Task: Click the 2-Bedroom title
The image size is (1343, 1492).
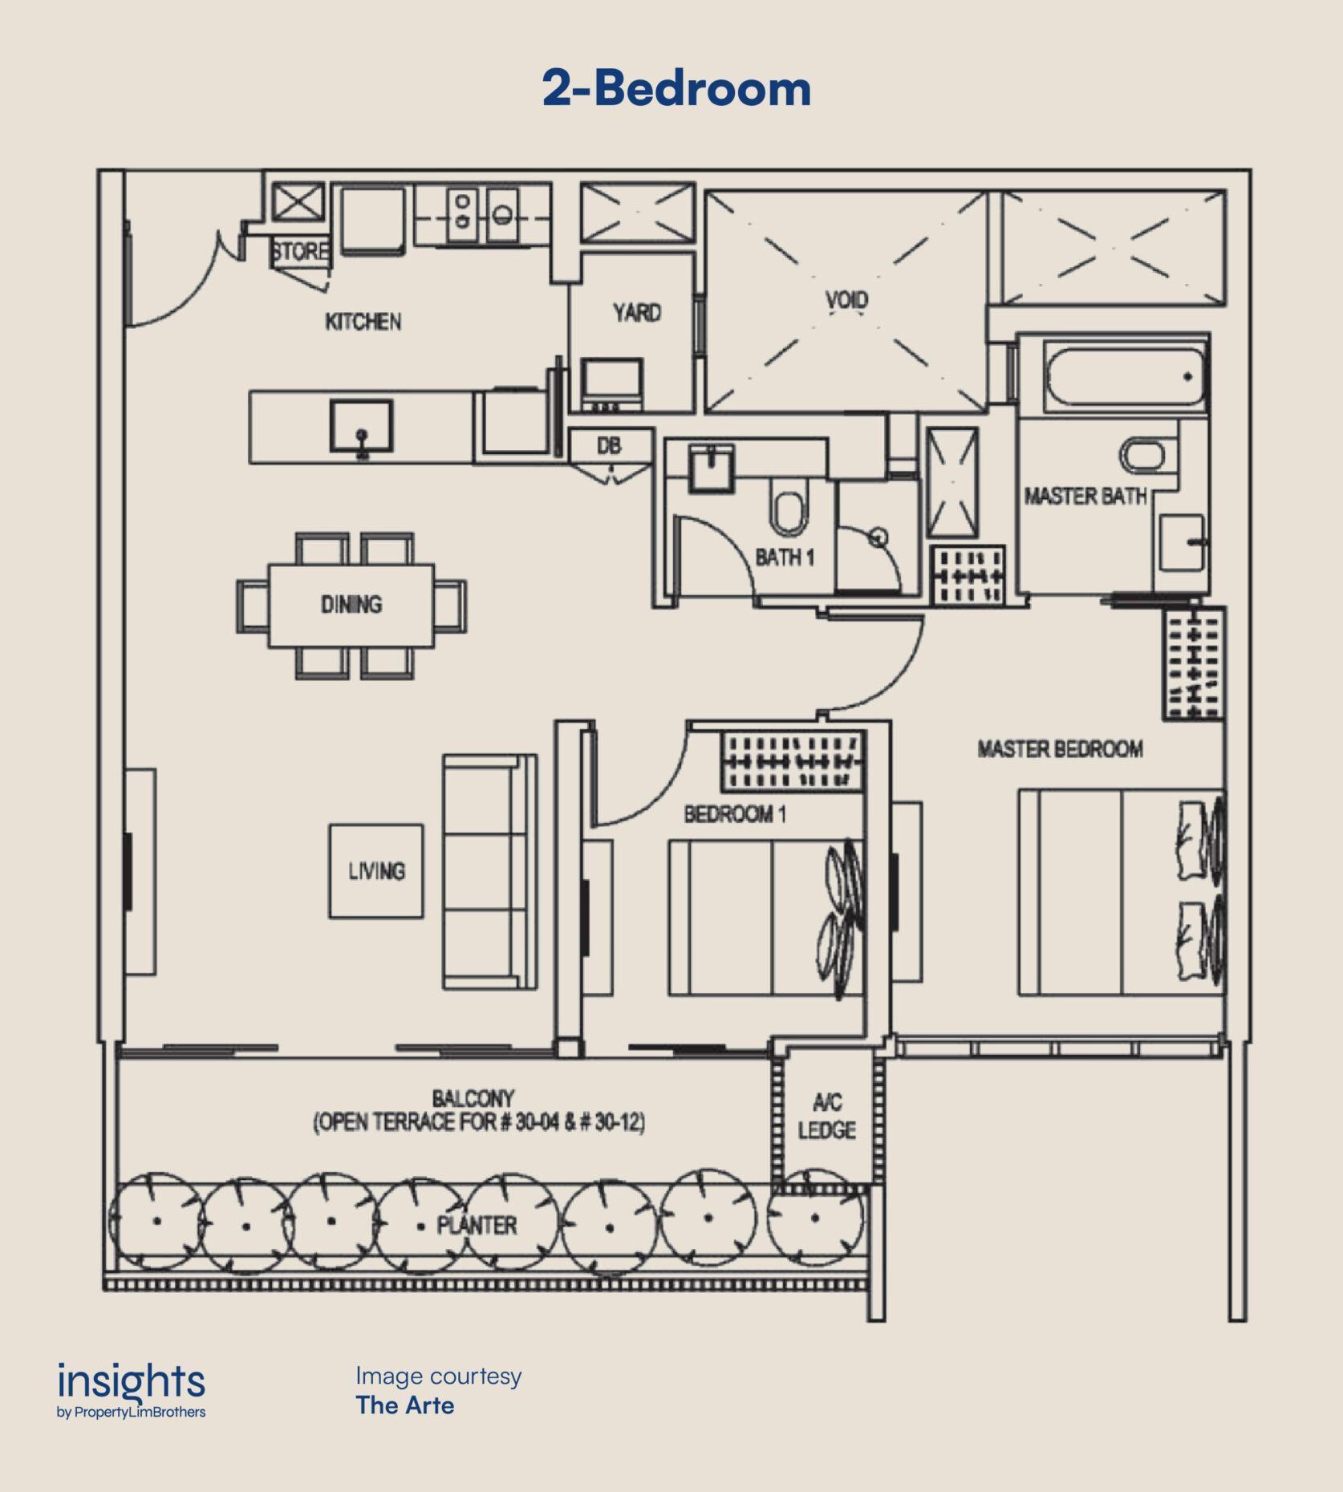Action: point(676,87)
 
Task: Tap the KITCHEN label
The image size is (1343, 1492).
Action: point(363,322)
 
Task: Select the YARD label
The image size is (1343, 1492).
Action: point(637,312)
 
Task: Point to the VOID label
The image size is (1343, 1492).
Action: point(846,300)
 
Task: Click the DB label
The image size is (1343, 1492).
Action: point(609,446)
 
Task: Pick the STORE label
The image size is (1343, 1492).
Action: point(300,251)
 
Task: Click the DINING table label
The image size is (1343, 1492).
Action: point(351,604)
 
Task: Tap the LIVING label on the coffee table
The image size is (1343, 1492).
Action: point(376,870)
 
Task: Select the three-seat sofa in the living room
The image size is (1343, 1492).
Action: point(489,871)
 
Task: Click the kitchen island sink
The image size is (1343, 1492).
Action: point(362,428)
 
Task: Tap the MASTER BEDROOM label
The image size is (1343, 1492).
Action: point(1060,749)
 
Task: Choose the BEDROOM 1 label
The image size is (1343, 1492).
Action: point(735,814)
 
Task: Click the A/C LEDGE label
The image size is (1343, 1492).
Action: point(826,1116)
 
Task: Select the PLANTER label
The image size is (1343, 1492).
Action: point(477,1225)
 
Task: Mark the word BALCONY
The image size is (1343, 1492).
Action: point(473,1098)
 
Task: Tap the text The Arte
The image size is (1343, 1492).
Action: point(405,1405)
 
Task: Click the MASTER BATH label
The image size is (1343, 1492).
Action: point(1085,497)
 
